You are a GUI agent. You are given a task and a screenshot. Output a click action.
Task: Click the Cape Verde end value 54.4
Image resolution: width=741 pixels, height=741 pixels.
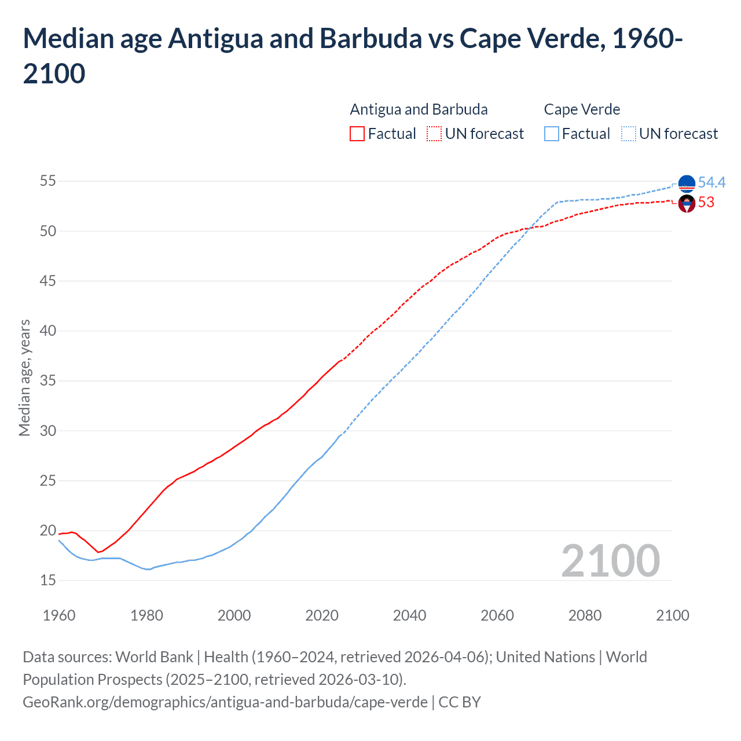[711, 183]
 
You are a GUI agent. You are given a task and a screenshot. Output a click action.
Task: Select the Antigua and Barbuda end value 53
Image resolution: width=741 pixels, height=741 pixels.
[706, 203]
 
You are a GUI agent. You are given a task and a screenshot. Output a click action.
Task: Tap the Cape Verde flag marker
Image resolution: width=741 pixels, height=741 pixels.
[687, 184]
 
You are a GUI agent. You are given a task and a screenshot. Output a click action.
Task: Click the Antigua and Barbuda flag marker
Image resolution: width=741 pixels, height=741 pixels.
[687, 204]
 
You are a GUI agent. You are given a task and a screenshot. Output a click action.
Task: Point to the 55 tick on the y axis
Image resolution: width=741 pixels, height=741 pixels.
[47, 181]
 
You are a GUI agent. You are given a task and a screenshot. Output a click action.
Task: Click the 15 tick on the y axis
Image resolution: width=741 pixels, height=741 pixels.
[47, 580]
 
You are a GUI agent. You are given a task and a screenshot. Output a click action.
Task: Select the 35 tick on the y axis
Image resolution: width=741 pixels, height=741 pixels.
[47, 381]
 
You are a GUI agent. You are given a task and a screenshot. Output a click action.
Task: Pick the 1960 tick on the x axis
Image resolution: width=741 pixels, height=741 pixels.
[59, 615]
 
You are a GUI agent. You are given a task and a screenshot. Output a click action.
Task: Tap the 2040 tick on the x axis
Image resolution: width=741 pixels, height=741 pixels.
[409, 615]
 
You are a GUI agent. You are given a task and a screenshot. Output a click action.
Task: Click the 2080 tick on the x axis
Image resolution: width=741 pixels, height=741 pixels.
[585, 615]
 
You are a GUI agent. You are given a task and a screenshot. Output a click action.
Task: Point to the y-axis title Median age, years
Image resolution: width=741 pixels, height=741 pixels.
[24, 377]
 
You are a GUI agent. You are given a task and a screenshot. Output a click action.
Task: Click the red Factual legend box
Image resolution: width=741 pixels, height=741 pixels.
[357, 134]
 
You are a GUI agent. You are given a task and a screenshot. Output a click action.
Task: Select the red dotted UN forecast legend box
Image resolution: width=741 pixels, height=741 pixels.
[434, 134]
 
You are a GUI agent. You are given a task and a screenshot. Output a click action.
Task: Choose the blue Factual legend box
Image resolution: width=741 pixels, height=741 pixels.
[552, 134]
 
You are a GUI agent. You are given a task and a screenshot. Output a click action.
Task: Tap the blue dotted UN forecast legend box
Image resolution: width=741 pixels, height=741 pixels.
[629, 134]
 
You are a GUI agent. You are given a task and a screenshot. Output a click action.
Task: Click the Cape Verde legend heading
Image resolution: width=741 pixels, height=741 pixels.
[582, 109]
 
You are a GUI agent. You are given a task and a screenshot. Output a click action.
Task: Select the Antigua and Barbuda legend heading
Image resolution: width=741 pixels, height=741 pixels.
[419, 109]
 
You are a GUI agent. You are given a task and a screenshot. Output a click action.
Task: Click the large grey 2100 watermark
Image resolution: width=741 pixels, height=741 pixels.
[610, 561]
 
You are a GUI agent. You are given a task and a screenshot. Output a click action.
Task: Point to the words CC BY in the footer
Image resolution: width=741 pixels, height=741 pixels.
[460, 702]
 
